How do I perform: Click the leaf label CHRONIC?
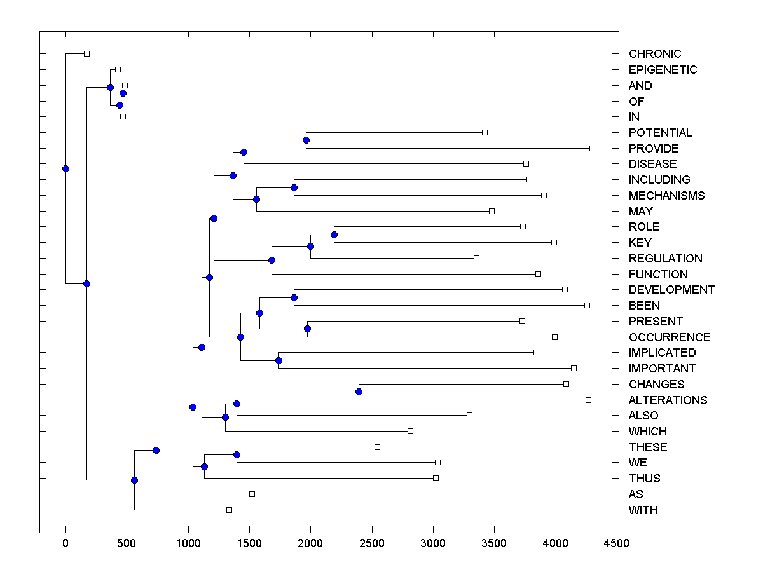654,54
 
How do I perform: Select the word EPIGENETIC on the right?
663,70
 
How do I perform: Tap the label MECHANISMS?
666,195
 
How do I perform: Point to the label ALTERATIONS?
668,400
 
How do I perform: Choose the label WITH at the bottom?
643,510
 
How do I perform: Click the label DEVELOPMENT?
671,290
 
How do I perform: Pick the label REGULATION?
665,259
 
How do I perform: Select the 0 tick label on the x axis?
65,543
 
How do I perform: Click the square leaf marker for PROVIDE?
592,148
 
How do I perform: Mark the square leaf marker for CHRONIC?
87,53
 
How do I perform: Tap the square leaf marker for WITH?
229,510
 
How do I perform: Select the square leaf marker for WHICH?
410,431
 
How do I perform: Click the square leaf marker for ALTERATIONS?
588,400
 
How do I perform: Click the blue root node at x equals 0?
65,168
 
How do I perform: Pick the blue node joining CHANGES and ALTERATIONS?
359,392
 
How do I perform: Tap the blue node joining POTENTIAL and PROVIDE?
306,140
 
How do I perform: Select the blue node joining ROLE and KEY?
334,235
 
